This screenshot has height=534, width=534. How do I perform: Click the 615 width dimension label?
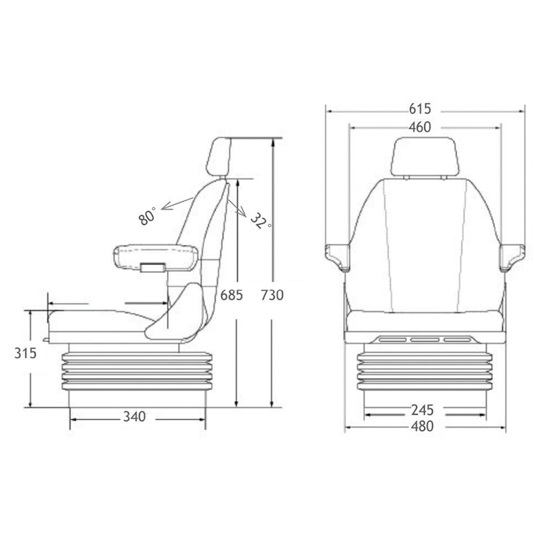pyautogui.click(x=420, y=109)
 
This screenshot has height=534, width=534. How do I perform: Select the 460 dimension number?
pyautogui.click(x=420, y=127)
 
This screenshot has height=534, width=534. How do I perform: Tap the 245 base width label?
pyautogui.click(x=423, y=410)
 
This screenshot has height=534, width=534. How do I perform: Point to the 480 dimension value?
pyautogui.click(x=423, y=427)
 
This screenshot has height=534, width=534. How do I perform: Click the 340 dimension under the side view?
pyautogui.click(x=135, y=417)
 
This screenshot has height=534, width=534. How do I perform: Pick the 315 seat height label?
pyautogui.click(x=25, y=354)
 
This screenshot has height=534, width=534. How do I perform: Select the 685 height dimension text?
pyautogui.click(x=232, y=295)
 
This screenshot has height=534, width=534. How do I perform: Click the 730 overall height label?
pyautogui.click(x=272, y=295)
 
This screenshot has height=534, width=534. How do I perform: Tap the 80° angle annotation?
pyautogui.click(x=147, y=216)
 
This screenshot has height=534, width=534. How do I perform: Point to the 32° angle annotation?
pyautogui.click(x=261, y=220)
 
